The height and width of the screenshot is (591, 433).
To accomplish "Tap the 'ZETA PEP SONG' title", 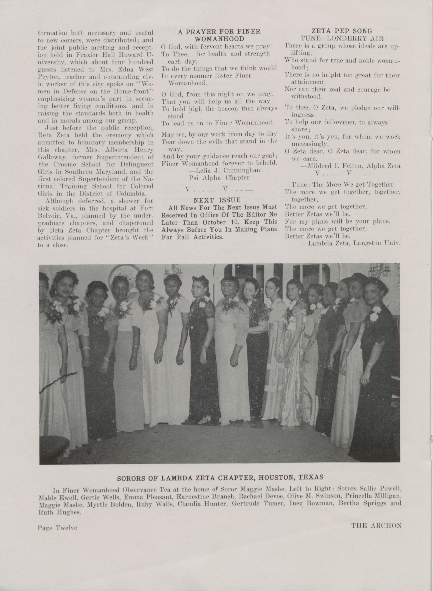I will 342,31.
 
